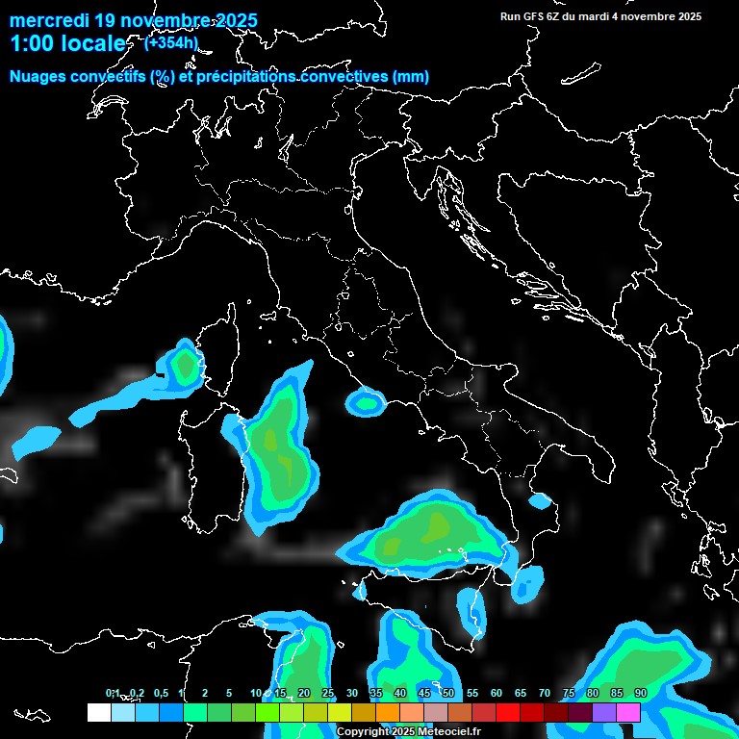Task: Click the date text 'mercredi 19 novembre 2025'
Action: [134, 20]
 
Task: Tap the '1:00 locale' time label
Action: [67, 43]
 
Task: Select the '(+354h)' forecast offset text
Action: [171, 42]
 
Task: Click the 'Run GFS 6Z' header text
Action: [535, 16]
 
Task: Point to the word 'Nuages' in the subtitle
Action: [38, 77]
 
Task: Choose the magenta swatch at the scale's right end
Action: [628, 712]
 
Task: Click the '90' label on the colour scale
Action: [640, 693]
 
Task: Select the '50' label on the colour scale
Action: [448, 693]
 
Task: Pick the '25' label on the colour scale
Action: [328, 693]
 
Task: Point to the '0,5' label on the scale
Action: [160, 693]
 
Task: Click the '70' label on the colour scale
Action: [545, 693]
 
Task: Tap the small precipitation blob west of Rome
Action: [366, 401]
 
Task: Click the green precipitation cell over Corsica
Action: [184, 366]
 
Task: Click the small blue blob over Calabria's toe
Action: [540, 501]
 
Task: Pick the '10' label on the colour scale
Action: [256, 693]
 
